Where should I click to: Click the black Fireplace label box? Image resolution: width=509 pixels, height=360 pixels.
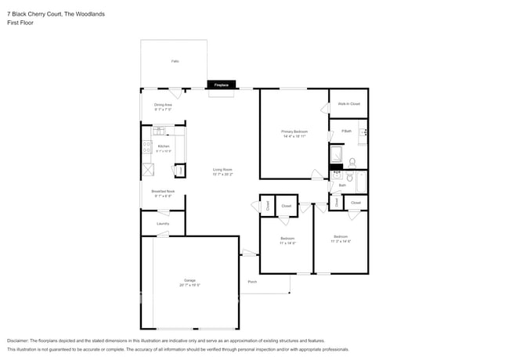(x=221, y=85)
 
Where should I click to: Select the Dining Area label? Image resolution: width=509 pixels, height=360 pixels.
(x=163, y=104)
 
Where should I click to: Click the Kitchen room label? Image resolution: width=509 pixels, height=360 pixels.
(x=164, y=146)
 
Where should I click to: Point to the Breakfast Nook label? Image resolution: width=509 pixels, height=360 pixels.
(x=163, y=191)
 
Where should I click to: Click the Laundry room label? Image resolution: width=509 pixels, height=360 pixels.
(x=163, y=224)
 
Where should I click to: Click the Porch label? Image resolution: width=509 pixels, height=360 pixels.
(x=252, y=282)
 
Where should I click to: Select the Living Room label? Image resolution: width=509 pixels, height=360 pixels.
(x=223, y=170)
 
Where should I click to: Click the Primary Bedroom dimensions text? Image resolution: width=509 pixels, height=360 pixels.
(x=294, y=136)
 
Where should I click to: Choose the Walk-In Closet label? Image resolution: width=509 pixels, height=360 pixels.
(x=348, y=103)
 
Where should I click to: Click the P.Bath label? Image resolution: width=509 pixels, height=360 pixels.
(x=346, y=131)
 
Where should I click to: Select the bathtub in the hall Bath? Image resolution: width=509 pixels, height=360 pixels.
(x=361, y=182)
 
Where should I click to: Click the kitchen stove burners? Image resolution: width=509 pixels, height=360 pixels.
(x=146, y=146)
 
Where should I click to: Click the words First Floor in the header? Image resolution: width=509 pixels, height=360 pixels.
(x=20, y=23)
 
